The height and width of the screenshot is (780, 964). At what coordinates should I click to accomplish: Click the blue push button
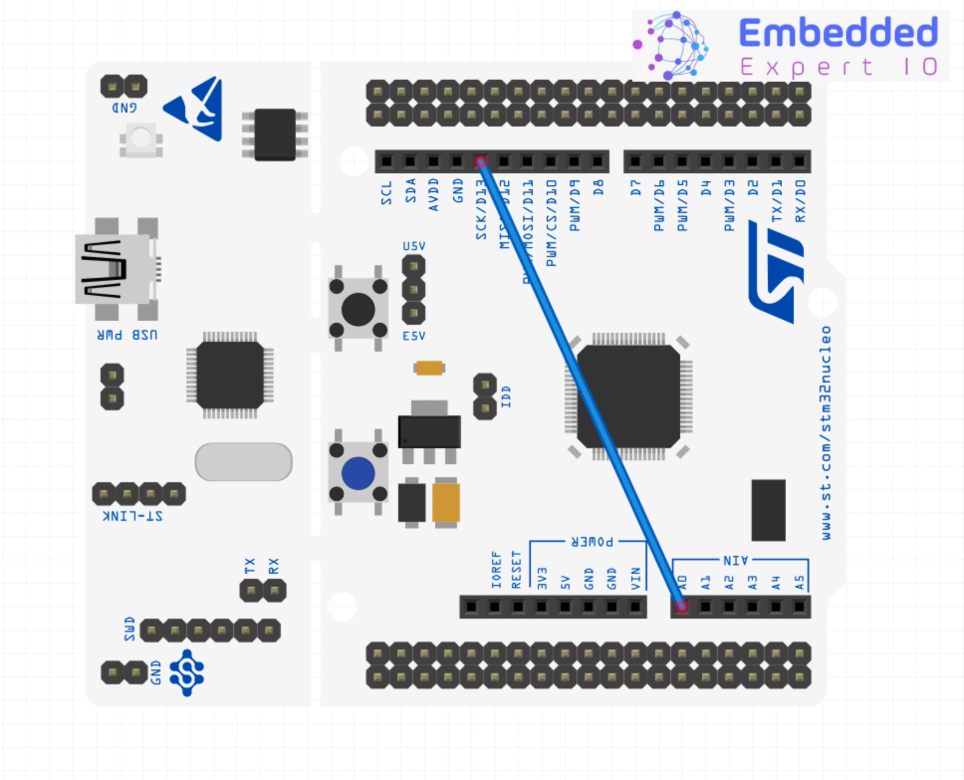(358, 473)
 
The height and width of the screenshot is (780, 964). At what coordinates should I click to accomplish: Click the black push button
(358, 309)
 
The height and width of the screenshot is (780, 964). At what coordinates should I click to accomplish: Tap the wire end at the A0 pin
(682, 606)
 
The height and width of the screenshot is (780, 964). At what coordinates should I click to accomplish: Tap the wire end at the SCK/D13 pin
(481, 161)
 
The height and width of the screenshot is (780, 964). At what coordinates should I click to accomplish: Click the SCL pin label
(387, 193)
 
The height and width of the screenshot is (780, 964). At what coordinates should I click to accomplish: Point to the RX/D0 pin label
(800, 201)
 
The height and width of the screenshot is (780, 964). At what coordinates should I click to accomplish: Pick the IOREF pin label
(496, 569)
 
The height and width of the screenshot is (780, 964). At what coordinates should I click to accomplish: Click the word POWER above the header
(592, 541)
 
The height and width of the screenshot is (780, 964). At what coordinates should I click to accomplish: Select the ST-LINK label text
(132, 516)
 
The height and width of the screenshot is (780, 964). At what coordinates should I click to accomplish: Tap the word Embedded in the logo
(838, 32)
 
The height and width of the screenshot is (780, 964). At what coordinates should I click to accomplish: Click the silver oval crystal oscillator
(243, 462)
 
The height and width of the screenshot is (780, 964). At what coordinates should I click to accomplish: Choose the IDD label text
(506, 396)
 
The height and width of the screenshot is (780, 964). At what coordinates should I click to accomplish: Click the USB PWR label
(127, 335)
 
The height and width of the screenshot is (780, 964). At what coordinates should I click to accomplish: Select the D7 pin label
(636, 188)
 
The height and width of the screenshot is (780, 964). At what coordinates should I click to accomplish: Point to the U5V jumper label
(414, 246)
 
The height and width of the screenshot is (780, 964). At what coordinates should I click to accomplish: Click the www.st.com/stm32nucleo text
(826, 433)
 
